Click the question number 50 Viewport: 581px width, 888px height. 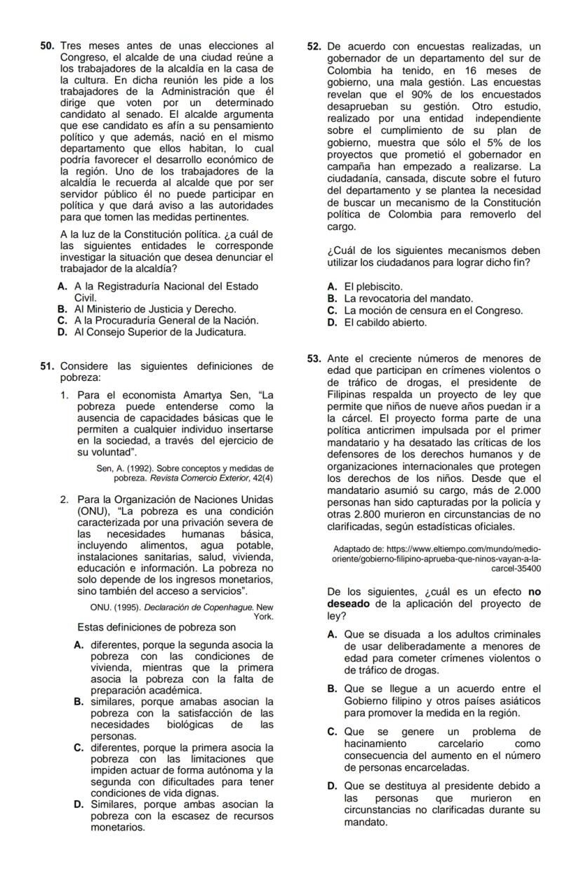click(x=47, y=47)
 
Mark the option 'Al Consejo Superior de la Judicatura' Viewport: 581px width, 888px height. click(x=160, y=332)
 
